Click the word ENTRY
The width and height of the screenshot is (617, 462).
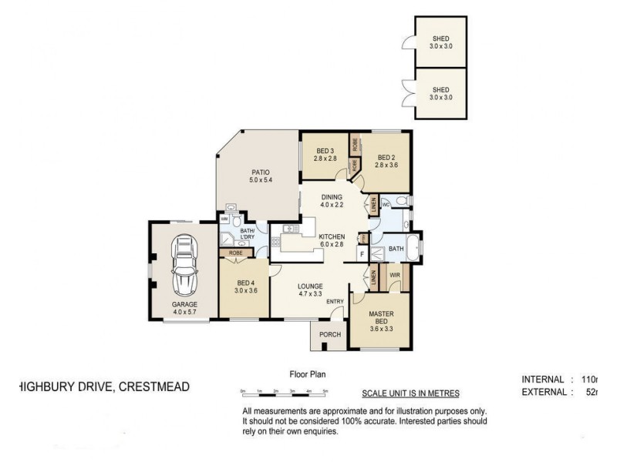[x=335, y=302]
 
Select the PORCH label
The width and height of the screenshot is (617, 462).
[x=330, y=335]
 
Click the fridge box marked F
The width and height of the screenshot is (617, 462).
[x=361, y=254]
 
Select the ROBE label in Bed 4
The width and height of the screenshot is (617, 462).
[x=234, y=252]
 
